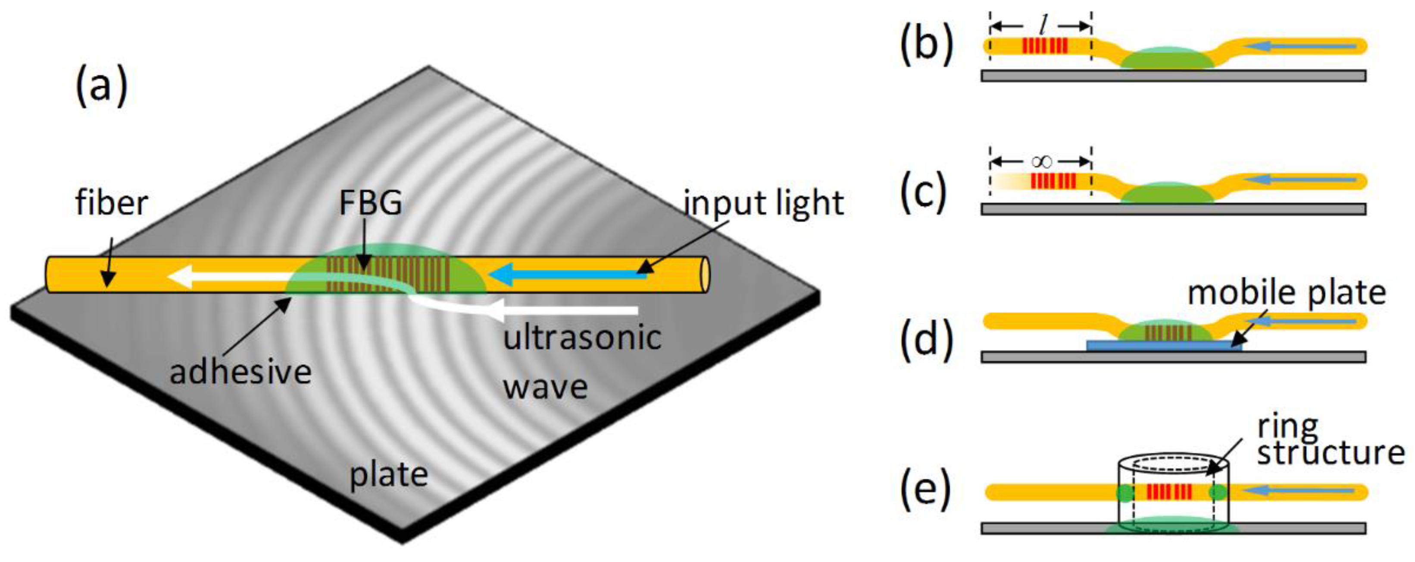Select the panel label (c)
(x=924, y=191)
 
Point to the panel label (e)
(x=925, y=487)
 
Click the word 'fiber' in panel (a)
(x=112, y=203)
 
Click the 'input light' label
(x=763, y=203)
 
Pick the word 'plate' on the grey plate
(x=389, y=474)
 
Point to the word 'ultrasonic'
(x=582, y=338)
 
